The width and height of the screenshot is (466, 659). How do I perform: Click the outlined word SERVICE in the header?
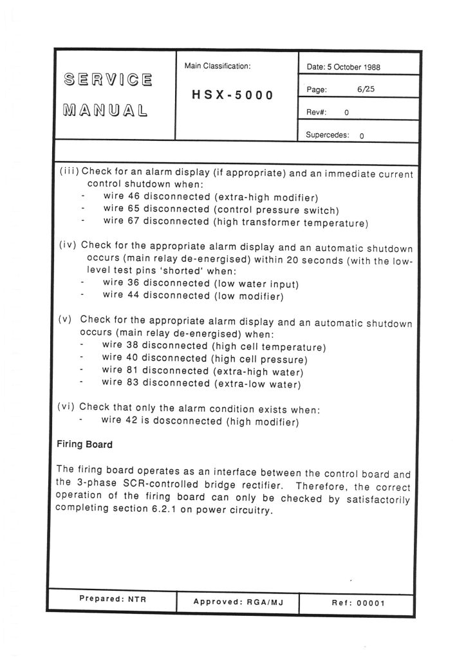(108, 81)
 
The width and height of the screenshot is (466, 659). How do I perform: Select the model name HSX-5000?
(233, 95)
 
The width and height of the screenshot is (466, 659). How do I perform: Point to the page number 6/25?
(365, 89)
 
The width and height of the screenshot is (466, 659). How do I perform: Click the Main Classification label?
(218, 66)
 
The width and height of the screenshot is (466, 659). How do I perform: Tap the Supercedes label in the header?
(328, 136)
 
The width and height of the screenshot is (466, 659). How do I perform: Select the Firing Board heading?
(84, 444)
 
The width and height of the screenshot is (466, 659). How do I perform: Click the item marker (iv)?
(68, 245)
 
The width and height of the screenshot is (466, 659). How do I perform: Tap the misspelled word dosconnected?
(187, 422)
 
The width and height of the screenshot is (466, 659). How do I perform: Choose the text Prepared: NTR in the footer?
(113, 599)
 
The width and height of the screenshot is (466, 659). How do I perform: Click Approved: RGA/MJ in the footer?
(238, 602)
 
